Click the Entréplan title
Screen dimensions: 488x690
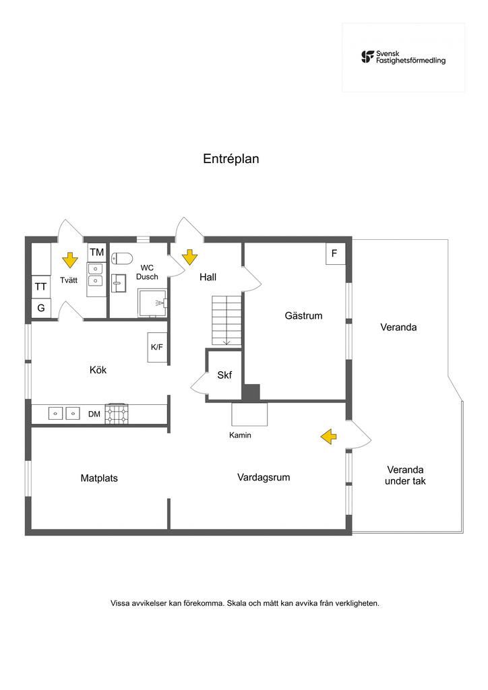[231, 159]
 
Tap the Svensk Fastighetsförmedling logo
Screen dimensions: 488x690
[403, 57]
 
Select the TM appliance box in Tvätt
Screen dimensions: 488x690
[97, 252]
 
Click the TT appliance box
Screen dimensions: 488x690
[41, 286]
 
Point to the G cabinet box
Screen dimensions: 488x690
[41, 307]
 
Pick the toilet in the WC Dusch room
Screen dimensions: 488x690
[121, 258]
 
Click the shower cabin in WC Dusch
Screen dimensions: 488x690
[153, 303]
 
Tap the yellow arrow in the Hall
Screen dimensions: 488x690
[189, 257]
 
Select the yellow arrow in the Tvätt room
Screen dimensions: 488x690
[70, 260]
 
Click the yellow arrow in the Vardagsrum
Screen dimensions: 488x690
[328, 437]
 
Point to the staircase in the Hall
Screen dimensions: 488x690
[226, 320]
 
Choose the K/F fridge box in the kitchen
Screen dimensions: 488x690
[157, 347]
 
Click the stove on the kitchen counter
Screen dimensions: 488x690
[117, 414]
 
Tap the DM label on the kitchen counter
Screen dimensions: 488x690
[94, 414]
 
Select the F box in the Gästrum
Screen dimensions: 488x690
[335, 253]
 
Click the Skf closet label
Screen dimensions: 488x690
[224, 375]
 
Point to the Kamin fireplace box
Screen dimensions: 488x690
[249, 414]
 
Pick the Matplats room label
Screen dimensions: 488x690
[99, 478]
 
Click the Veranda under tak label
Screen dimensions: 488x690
[405, 475]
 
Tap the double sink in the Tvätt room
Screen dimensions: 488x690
[95, 275]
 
